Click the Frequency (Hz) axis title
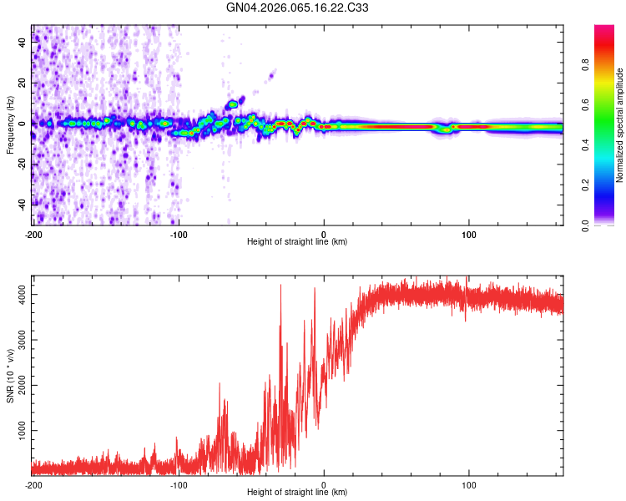pyautogui.click(x=10, y=125)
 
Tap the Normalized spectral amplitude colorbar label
pyautogui.click(x=619, y=125)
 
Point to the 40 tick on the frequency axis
pyautogui.click(x=22, y=43)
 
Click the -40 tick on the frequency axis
pyautogui.click(x=22, y=203)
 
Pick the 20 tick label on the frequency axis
pyautogui.click(x=22, y=83)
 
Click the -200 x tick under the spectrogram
pyautogui.click(x=33, y=235)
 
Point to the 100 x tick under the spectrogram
pyautogui.click(x=469, y=235)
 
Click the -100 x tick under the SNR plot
pyautogui.click(x=179, y=484)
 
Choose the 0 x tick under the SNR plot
pyautogui.click(x=324, y=484)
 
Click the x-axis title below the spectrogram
pyautogui.click(x=297, y=242)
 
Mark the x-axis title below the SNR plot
pyautogui.click(x=297, y=493)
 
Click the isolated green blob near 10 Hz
pyautogui.click(x=234, y=104)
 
